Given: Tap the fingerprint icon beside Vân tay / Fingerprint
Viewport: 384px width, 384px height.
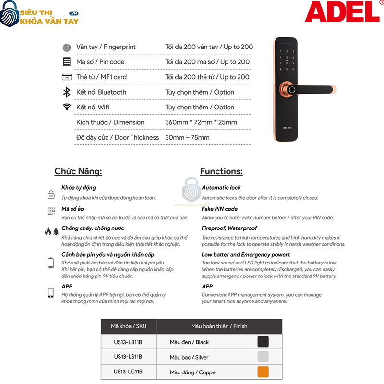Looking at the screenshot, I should click(x=67, y=47).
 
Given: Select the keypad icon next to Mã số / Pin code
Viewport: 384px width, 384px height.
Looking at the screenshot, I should click(x=67, y=62).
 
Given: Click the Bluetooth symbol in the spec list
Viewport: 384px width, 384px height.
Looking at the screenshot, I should click(x=67, y=92).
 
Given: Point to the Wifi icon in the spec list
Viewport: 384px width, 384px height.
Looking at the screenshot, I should click(x=67, y=107).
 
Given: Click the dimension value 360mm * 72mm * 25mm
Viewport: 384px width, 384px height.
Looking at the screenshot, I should click(x=201, y=122).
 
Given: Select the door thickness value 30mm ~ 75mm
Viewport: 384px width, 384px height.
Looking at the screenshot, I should click(x=187, y=138).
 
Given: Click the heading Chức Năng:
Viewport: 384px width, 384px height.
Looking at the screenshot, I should click(x=78, y=171).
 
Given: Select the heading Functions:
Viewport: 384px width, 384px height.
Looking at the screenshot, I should click(x=221, y=171).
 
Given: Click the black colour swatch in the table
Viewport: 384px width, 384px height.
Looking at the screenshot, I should click(x=263, y=342).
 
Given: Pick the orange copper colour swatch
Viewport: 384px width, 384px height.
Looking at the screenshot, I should click(x=263, y=372).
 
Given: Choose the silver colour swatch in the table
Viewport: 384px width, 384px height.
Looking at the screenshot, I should click(x=263, y=357).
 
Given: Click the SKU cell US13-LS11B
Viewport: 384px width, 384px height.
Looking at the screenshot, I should click(x=128, y=357).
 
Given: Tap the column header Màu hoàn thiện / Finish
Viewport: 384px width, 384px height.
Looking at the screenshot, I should click(x=219, y=326).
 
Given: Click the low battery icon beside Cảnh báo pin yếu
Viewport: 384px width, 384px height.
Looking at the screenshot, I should click(x=51, y=263).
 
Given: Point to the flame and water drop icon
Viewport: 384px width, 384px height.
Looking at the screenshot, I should click(x=51, y=231).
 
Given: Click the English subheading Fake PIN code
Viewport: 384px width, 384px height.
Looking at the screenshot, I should click(x=219, y=209).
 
